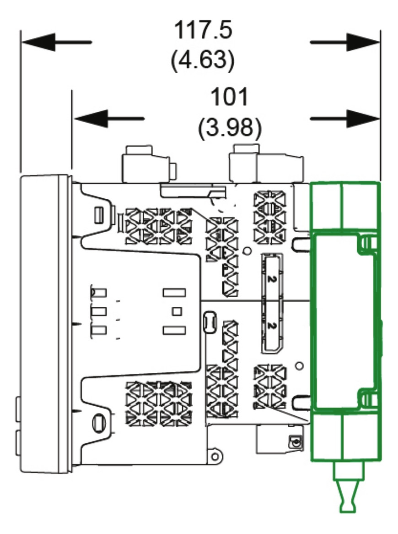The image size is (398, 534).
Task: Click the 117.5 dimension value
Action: pyautogui.click(x=203, y=30)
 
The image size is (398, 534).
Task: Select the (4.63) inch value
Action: pyautogui.click(x=203, y=60)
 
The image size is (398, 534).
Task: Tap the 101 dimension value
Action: pyautogui.click(x=230, y=97)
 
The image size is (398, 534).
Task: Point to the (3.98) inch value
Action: pyautogui.click(x=230, y=127)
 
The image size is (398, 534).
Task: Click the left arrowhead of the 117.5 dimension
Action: pyautogui.click(x=38, y=42)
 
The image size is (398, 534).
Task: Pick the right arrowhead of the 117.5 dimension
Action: pyautogui.click(x=363, y=42)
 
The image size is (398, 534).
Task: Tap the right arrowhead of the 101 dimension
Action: pyautogui.click(x=363, y=119)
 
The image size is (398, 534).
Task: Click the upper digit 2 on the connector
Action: pyautogui.click(x=271, y=279)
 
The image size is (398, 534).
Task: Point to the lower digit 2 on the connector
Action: pyautogui.click(x=271, y=326)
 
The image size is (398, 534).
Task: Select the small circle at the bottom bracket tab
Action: pyautogui.click(x=215, y=457)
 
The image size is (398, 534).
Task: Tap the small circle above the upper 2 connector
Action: pyautogui.click(x=248, y=251)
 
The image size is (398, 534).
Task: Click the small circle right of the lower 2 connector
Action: pyautogui.click(x=299, y=366)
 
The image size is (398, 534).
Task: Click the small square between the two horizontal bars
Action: pyautogui.click(x=177, y=311)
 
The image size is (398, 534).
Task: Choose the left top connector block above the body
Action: pyautogui.click(x=149, y=164)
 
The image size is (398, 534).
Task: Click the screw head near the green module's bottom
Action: pyautogui.click(x=295, y=443)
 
